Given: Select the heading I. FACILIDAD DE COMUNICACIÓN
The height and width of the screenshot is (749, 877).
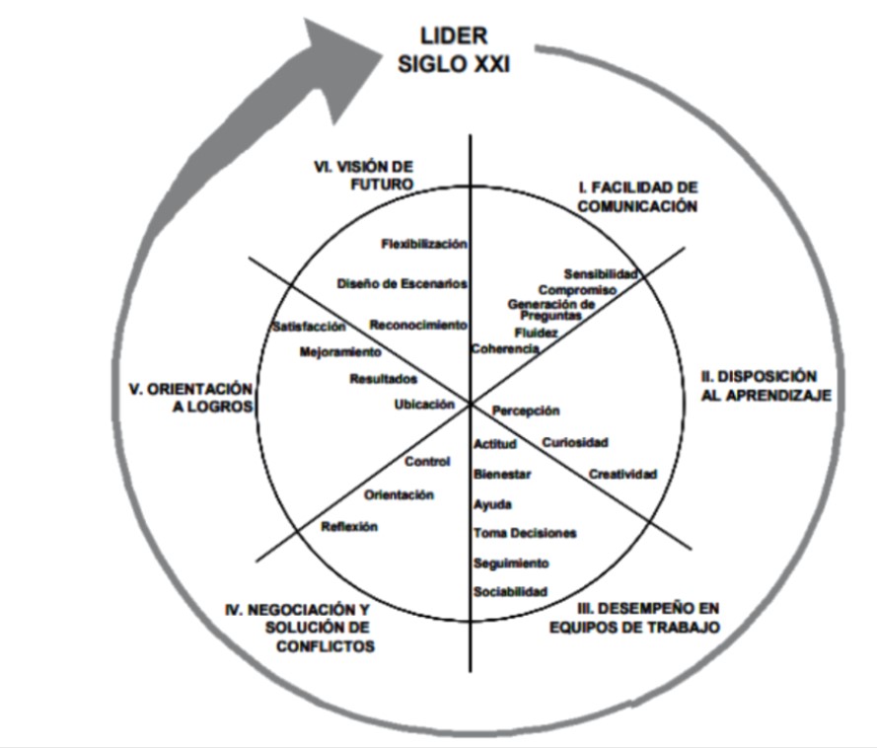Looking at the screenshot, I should tap(637, 196).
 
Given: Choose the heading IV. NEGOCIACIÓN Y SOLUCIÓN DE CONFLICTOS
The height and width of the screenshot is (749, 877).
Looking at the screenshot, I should tap(300, 628).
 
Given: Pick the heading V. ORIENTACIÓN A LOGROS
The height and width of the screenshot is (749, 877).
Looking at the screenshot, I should tap(190, 398).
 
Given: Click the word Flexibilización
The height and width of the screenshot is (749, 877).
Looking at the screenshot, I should tap(423, 243).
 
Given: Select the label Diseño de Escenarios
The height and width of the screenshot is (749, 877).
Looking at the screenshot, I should tap(402, 283).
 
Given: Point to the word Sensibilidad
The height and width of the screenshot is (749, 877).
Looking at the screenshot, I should tap(601, 272).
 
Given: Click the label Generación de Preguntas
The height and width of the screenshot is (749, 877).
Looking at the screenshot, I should tap(551, 310).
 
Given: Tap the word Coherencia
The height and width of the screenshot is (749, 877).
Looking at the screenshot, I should tap(504, 349).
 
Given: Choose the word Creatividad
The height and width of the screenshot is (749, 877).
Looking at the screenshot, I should tap(622, 474).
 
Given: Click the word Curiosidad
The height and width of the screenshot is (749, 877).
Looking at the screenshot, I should tap(575, 442).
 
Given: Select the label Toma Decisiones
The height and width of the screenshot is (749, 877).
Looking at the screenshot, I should tap(525, 533).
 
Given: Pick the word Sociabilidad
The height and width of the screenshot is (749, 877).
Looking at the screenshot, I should tap(509, 591).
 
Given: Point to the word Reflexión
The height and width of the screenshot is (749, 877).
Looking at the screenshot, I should tap(349, 526).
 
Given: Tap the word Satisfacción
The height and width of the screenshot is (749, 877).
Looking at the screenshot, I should tap(309, 326).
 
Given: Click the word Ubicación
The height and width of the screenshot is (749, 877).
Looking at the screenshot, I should tap(424, 403).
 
